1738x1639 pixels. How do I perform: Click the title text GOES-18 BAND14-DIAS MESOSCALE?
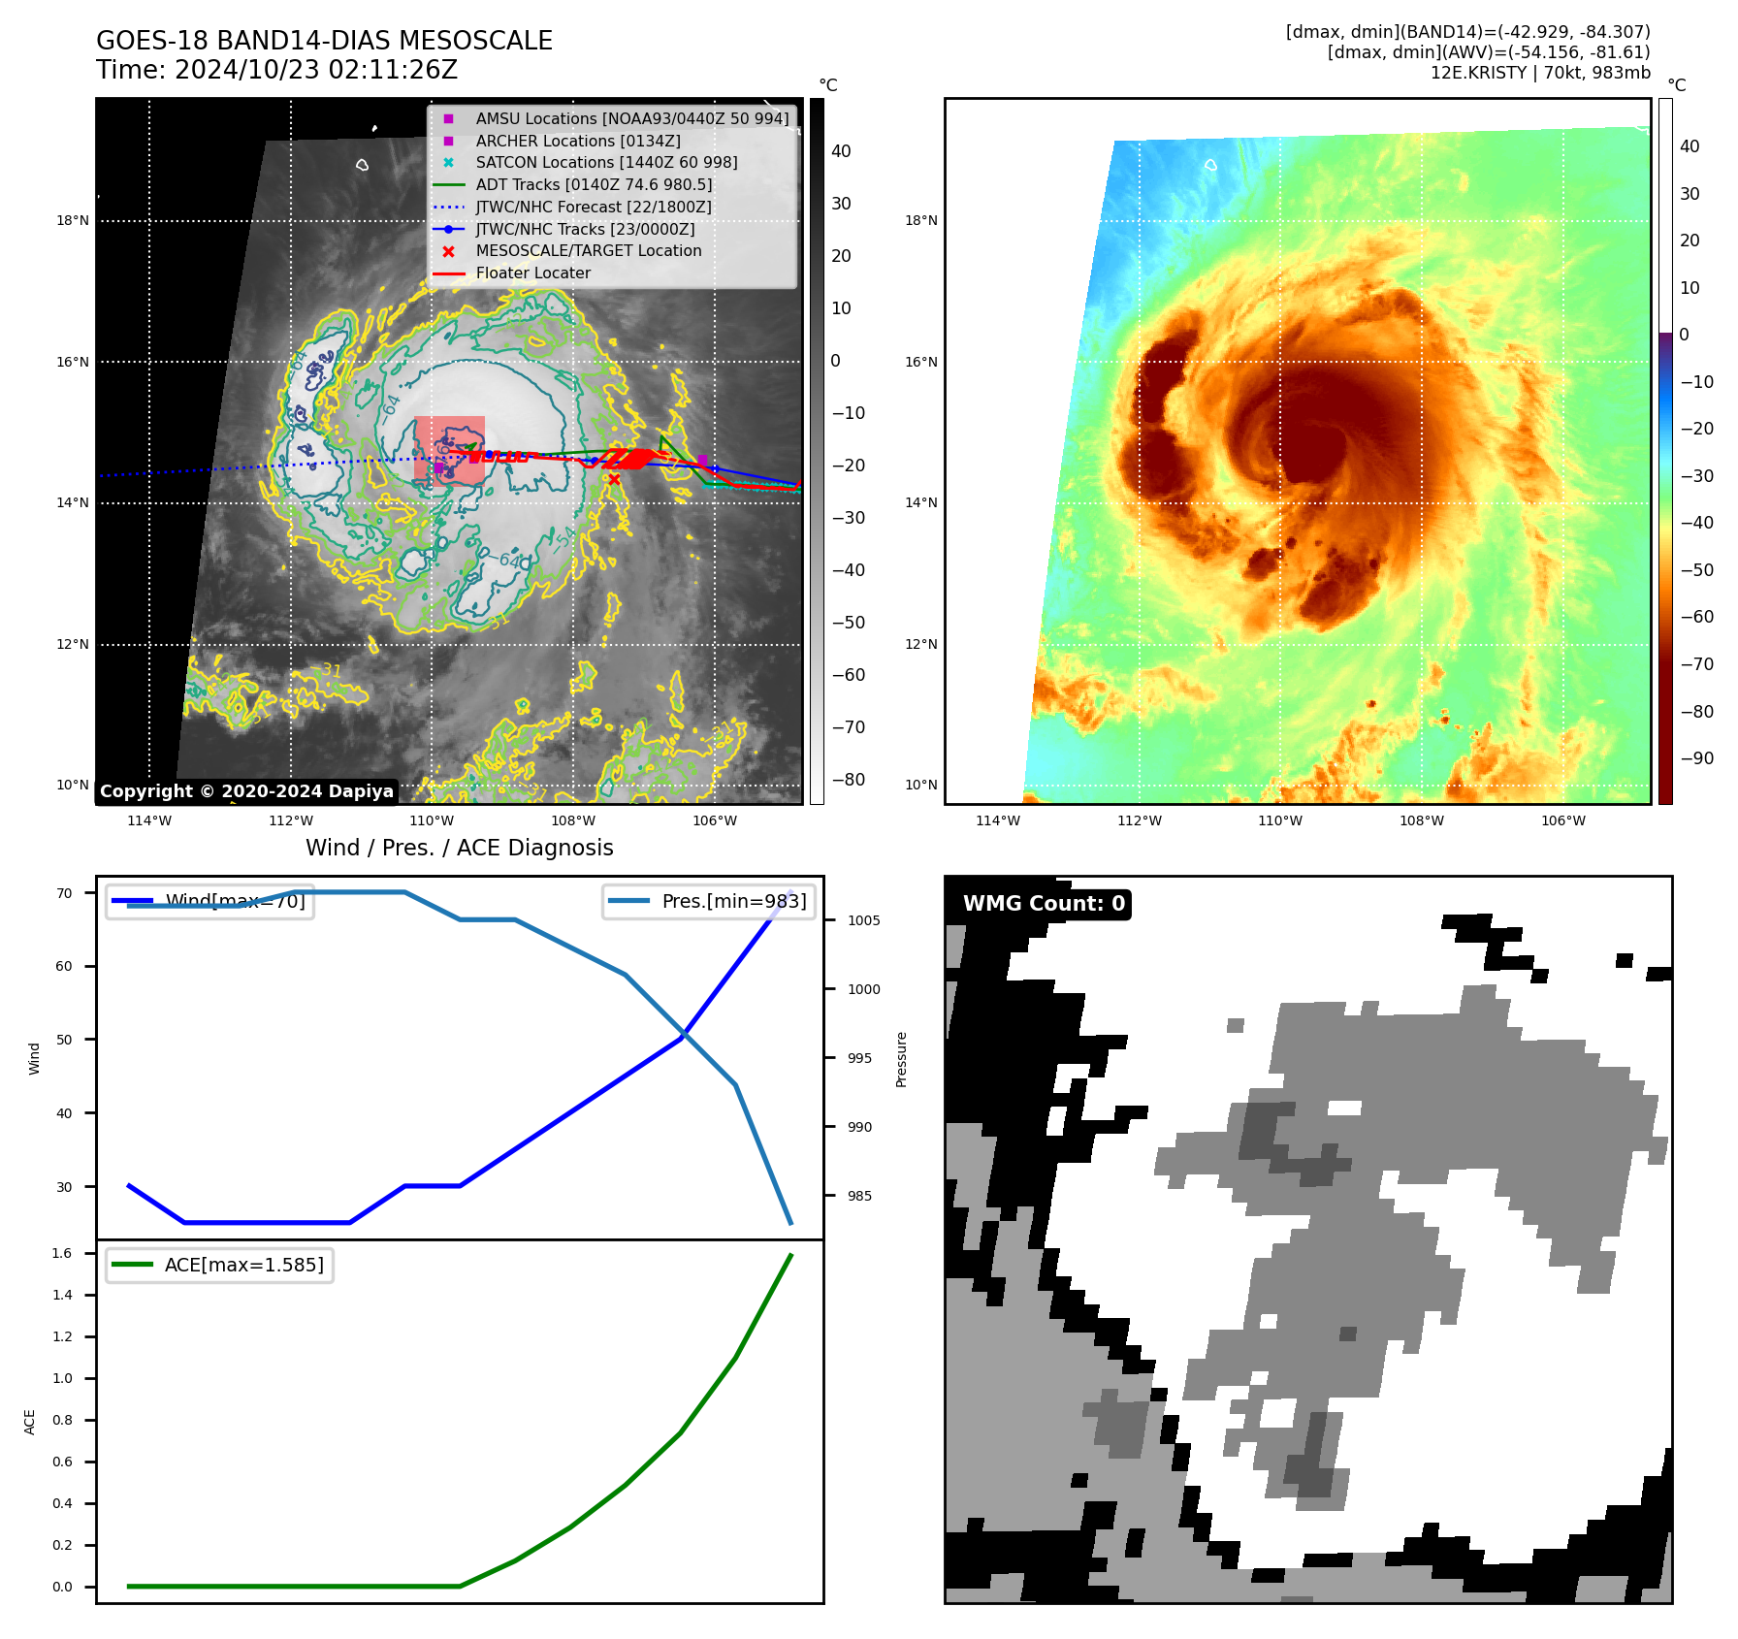[x=324, y=41]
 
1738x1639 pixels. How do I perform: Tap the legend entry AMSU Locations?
[x=632, y=118]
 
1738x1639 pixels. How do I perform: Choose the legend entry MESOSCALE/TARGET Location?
[x=588, y=251]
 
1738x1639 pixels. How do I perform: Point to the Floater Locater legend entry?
[x=532, y=273]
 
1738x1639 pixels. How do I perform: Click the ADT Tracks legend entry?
[x=594, y=184]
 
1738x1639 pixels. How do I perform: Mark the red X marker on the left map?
[x=614, y=479]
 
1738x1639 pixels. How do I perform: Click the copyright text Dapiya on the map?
[x=246, y=791]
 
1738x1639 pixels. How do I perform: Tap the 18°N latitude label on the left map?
[x=73, y=221]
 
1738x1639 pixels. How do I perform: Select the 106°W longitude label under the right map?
[x=1563, y=820]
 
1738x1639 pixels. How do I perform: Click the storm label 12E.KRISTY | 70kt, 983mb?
[x=1540, y=73]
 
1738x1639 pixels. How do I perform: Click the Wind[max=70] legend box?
[x=209, y=901]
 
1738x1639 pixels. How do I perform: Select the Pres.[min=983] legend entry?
[x=709, y=901]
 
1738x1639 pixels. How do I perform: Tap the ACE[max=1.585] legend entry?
[x=219, y=1265]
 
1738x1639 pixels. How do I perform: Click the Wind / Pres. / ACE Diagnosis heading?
[x=460, y=848]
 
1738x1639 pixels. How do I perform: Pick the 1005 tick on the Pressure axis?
[x=863, y=920]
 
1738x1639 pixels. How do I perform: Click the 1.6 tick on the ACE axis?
[x=62, y=1253]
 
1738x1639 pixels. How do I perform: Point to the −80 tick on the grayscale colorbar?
[x=848, y=780]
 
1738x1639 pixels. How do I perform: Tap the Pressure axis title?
[x=902, y=1059]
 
